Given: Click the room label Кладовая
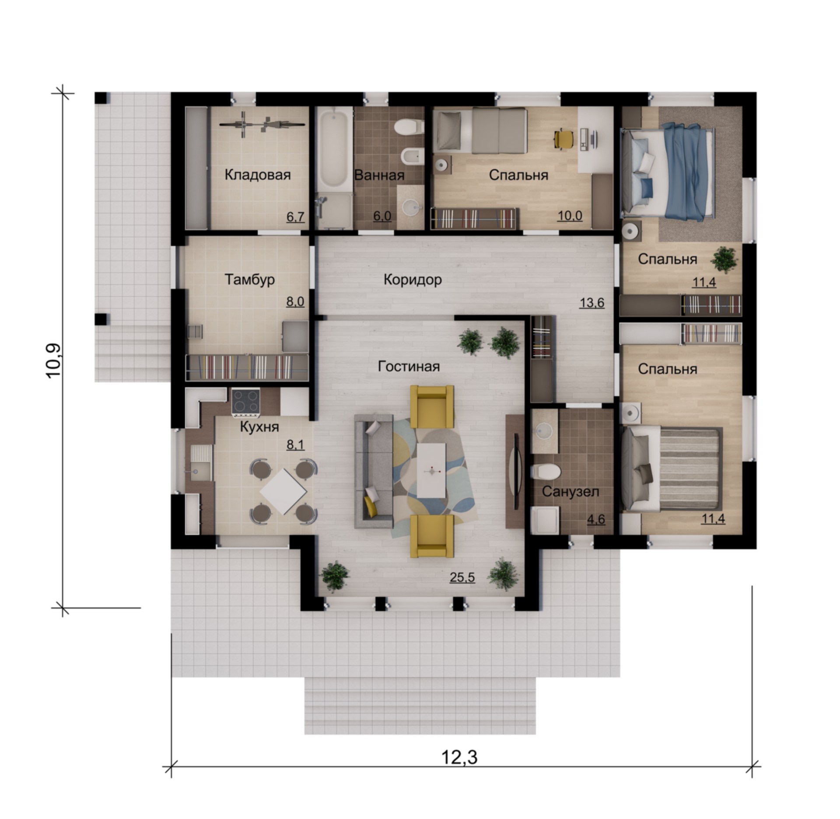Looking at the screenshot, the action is [x=258, y=175].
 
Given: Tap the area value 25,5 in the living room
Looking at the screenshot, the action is [x=462, y=577].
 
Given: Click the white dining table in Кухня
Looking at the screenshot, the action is [x=283, y=492].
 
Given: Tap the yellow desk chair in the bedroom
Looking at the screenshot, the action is [x=563, y=139].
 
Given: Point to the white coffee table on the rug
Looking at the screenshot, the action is [x=431, y=471].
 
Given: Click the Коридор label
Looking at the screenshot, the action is [x=413, y=280].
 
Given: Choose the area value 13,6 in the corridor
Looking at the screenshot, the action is [x=592, y=303].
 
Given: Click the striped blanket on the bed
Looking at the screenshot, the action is [x=689, y=470].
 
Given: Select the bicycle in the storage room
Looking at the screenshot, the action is [x=262, y=125].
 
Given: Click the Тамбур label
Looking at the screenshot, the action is [x=249, y=280].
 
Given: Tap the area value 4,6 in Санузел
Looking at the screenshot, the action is [x=596, y=519].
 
